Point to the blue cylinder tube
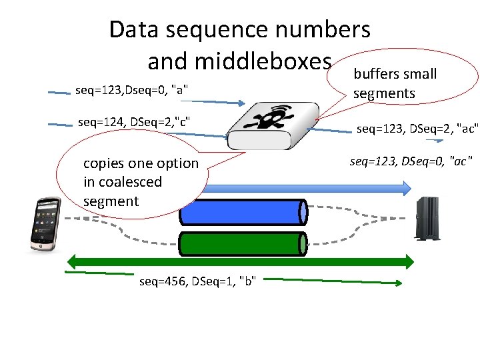pos(243,212)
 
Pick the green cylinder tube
pos(243,243)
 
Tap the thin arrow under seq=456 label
pos(333,283)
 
